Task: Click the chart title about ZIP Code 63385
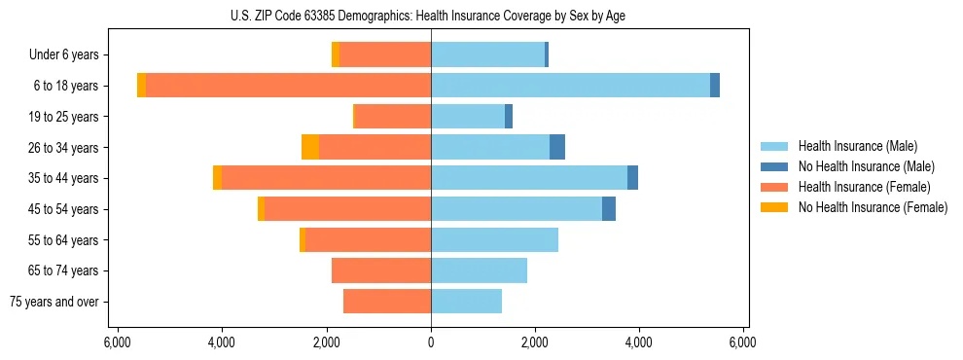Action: pos(431,15)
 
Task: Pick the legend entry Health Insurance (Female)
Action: pos(864,187)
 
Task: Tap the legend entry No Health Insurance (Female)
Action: pos(873,207)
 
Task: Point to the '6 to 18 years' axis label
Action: pos(66,86)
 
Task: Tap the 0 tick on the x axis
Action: pos(431,342)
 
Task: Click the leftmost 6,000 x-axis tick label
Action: pos(117,342)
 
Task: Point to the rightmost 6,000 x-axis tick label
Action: pos(743,342)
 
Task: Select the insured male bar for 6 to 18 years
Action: pos(570,86)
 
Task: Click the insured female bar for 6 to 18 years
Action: pos(288,86)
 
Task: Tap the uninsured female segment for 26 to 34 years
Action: pos(310,147)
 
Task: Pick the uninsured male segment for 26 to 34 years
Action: pos(557,147)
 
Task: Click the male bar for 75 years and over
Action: pos(466,302)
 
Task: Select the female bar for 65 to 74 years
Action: pos(381,270)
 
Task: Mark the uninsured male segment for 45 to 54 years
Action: pos(609,209)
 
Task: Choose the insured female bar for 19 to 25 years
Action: pos(394,117)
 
